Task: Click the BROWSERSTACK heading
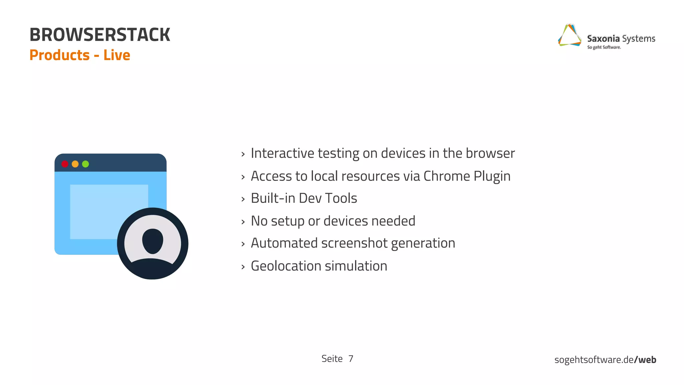point(100,35)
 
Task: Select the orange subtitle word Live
point(117,55)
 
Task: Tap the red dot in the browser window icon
point(65,164)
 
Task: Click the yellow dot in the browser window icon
point(75,164)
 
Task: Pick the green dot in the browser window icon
point(85,164)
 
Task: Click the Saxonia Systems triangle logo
point(569,35)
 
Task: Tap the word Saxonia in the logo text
point(603,39)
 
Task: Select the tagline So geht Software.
point(604,47)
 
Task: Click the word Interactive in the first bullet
point(282,153)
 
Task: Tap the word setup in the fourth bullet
point(288,221)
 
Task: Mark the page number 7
point(351,359)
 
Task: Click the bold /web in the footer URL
point(645,360)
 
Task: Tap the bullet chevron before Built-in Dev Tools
point(243,199)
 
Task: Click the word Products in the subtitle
point(59,55)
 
